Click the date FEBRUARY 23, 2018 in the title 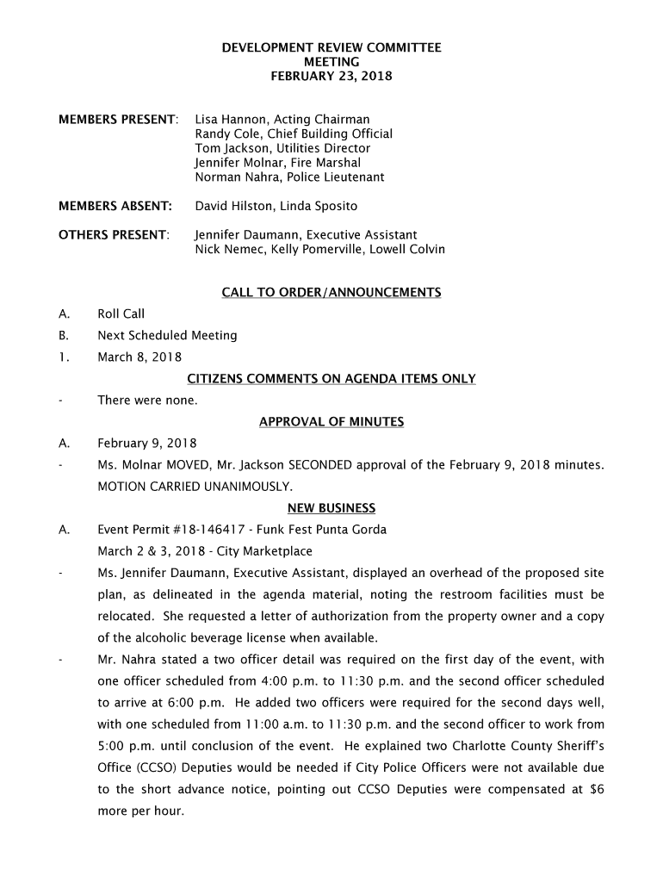click(x=331, y=77)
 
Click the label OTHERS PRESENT click(x=114, y=235)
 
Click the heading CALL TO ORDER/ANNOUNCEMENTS click(x=331, y=293)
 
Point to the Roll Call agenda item click(x=121, y=314)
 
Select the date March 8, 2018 click(x=139, y=357)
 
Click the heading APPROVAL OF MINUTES click(x=331, y=422)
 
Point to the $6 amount click(x=596, y=789)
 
